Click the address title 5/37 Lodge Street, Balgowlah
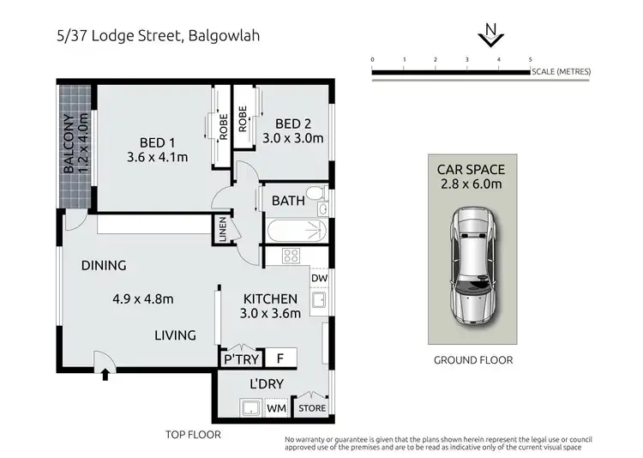(145, 36)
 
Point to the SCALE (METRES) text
(561, 71)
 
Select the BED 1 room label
(157, 142)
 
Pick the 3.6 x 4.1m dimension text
(157, 157)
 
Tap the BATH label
(287, 201)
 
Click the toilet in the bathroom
(315, 194)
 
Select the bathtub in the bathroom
(297, 231)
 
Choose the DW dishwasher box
(319, 278)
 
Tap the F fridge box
(279, 358)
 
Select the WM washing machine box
(276, 408)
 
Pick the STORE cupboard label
(312, 408)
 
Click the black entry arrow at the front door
(105, 373)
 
